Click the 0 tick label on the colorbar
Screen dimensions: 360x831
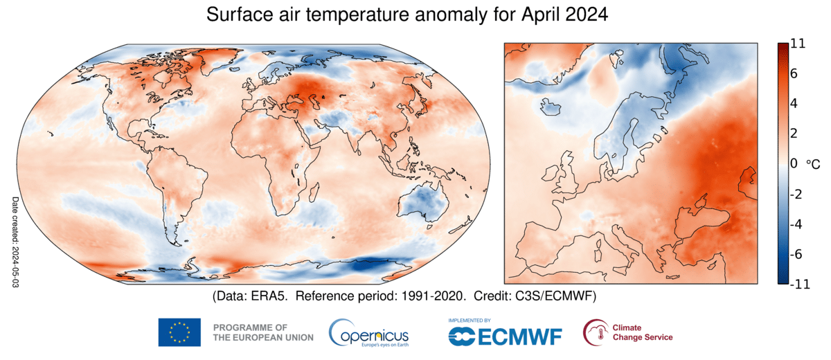point(794,163)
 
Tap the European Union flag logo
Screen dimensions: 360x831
point(179,332)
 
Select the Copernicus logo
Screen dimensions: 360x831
point(368,333)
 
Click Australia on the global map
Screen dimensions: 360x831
point(421,205)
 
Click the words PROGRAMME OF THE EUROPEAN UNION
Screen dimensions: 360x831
point(263,332)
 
